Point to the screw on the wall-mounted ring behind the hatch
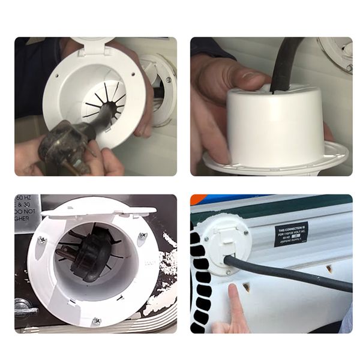tap(169, 79)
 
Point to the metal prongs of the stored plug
tap(65, 253)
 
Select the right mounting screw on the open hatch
tap(143, 236)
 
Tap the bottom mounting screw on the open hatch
tap(96, 321)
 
